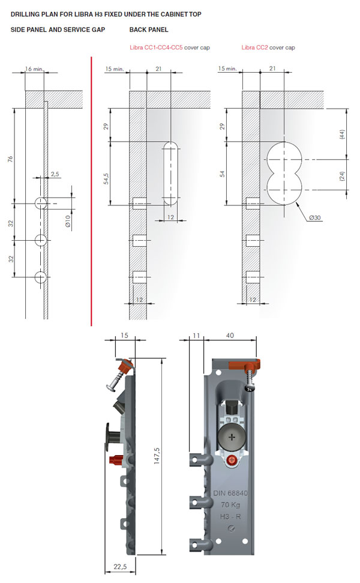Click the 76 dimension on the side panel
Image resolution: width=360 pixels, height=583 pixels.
click(10, 158)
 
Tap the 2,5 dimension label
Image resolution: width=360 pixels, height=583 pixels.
click(55, 174)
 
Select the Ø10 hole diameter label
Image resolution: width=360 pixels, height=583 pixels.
click(68, 221)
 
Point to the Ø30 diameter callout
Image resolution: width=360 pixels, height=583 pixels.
click(314, 217)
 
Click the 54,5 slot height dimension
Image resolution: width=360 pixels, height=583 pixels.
click(106, 178)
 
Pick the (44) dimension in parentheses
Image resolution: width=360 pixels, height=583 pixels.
click(342, 134)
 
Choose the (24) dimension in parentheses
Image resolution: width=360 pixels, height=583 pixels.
click(342, 176)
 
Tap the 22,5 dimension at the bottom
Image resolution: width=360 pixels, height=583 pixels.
click(120, 567)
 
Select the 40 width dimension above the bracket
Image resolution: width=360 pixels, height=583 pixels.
click(230, 336)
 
